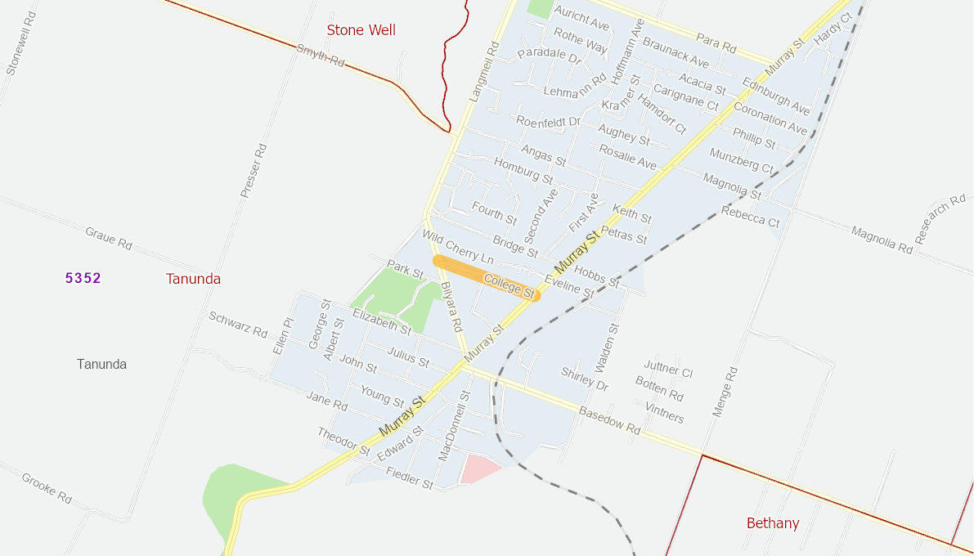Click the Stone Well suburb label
coord(361,30)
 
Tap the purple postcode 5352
coord(83,278)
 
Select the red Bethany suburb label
coord(772,523)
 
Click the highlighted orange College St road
coord(487,278)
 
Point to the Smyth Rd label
coord(321,56)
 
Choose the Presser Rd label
coord(254,171)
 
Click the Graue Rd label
coord(109,238)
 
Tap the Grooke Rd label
coord(47,488)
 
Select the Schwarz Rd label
coord(238,325)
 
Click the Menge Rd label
coord(725,392)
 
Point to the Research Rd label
coord(940,218)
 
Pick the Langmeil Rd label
coord(484,72)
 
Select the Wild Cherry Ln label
coord(458,247)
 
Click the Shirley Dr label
coord(585,379)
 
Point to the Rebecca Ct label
coord(750,217)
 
